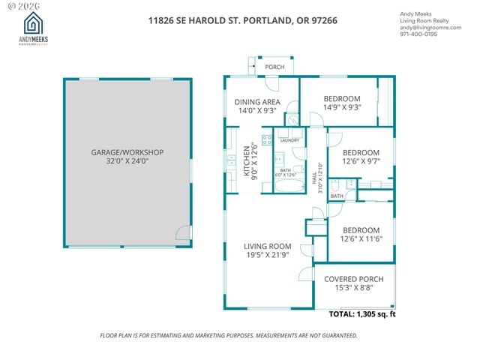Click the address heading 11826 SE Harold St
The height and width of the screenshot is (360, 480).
click(242, 20)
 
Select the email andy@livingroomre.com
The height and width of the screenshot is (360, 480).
click(432, 27)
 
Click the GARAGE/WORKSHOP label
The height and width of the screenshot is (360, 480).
click(127, 152)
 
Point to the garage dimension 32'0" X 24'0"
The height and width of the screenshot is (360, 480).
click(127, 161)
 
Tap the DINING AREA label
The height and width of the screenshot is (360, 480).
click(257, 102)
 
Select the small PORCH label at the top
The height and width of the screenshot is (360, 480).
click(274, 67)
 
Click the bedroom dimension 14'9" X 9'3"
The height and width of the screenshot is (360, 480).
click(341, 107)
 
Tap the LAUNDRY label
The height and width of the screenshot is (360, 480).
click(289, 140)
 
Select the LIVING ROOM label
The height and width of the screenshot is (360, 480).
click(267, 246)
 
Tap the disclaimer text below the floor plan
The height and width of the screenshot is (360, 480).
click(239, 335)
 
